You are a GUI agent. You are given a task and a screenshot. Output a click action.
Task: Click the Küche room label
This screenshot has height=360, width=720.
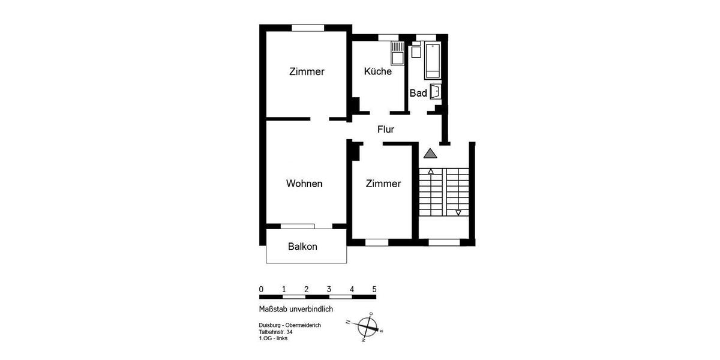tap(378, 71)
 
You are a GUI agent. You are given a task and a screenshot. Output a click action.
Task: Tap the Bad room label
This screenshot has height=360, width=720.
tap(418, 93)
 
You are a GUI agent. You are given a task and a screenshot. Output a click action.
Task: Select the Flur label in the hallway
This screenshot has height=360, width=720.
tap(385, 129)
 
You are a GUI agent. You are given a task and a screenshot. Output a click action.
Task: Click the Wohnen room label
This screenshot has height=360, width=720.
tap(304, 184)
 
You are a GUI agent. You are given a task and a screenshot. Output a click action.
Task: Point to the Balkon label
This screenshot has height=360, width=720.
tap(302, 247)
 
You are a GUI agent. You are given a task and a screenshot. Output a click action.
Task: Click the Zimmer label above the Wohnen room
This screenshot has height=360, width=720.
tap(307, 71)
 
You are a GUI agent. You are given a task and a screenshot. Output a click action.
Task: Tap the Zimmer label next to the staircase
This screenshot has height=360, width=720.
tap(383, 184)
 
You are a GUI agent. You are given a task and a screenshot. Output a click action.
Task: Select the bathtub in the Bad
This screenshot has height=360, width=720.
tap(433, 61)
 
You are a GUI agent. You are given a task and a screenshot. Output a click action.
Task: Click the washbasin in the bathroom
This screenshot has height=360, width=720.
tap(436, 92)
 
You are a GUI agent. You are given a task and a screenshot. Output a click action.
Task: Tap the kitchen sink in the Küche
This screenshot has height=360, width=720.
tap(397, 53)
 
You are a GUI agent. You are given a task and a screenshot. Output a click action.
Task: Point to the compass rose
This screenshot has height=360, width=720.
tap(367, 327)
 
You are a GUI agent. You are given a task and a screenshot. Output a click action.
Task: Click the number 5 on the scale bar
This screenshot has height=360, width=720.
tap(374, 289)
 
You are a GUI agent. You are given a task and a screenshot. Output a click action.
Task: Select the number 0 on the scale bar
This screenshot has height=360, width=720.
tap(261, 289)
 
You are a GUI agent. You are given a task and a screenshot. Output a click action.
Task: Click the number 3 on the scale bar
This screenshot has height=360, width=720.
tap(329, 289)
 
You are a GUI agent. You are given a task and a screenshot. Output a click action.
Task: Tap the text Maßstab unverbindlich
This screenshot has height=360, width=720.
tap(292, 309)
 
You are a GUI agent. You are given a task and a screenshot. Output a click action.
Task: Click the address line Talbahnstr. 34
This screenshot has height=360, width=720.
tap(272, 332)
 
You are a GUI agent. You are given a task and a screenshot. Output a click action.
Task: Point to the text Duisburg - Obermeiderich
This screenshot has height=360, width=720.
tap(286, 325)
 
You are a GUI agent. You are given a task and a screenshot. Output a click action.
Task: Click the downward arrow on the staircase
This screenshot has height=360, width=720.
tap(458, 212)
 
